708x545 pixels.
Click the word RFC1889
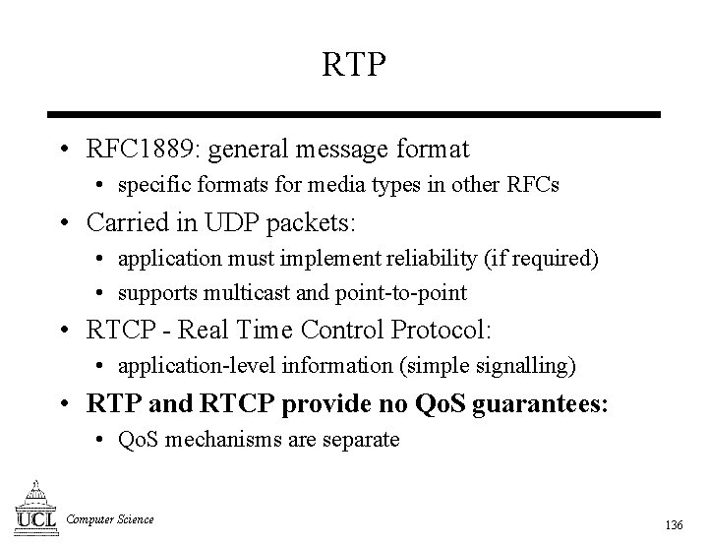(x=143, y=150)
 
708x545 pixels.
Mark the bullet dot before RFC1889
(x=63, y=151)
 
